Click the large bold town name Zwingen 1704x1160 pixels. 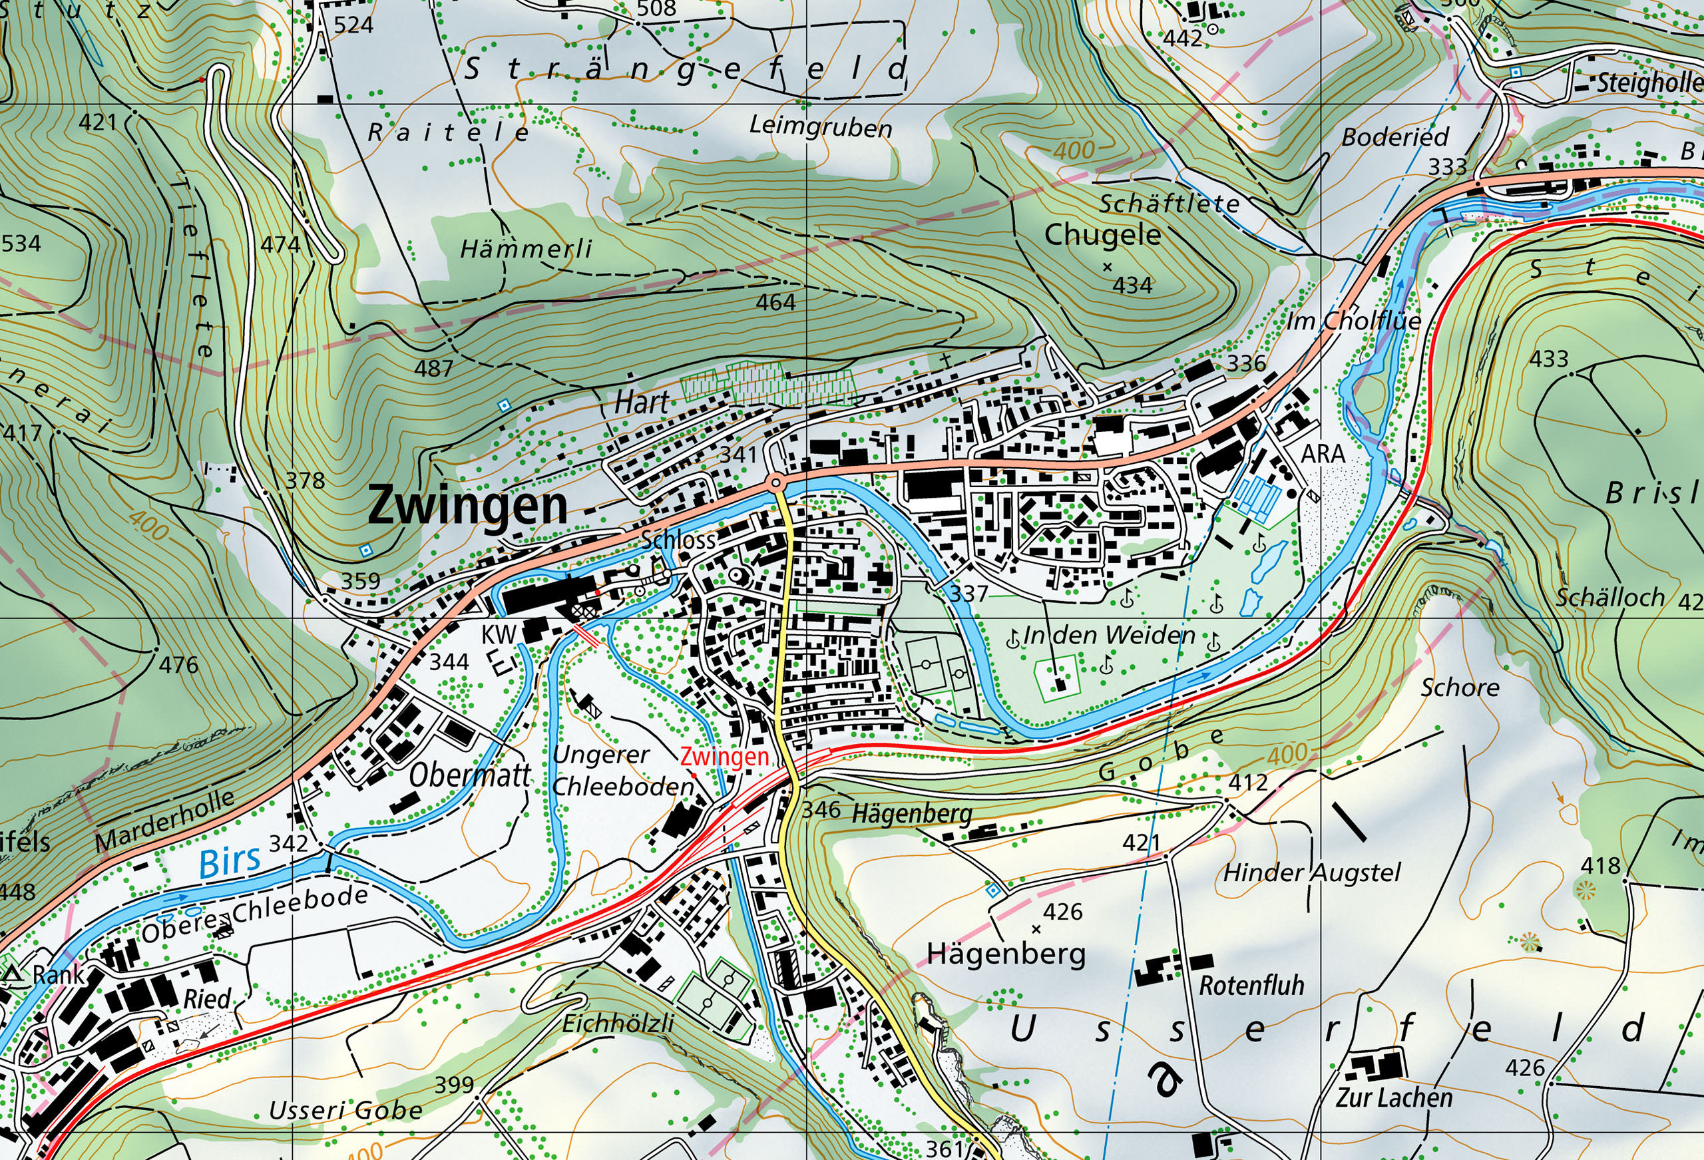(x=467, y=505)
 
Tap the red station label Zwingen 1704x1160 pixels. (x=724, y=756)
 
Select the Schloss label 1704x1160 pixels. (x=678, y=540)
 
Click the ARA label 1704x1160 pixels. (x=1323, y=454)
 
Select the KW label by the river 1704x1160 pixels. (x=499, y=634)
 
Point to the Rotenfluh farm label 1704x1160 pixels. (x=1251, y=986)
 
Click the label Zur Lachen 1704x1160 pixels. (x=1393, y=1097)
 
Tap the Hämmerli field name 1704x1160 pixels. (x=526, y=250)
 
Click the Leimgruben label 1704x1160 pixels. (x=821, y=127)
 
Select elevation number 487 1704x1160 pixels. (x=433, y=368)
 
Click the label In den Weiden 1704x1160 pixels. (x=1109, y=635)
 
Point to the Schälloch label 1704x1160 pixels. (x=1610, y=598)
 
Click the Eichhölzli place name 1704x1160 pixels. (x=618, y=1023)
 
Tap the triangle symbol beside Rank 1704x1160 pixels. (x=13, y=974)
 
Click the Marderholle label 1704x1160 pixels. (x=165, y=821)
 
